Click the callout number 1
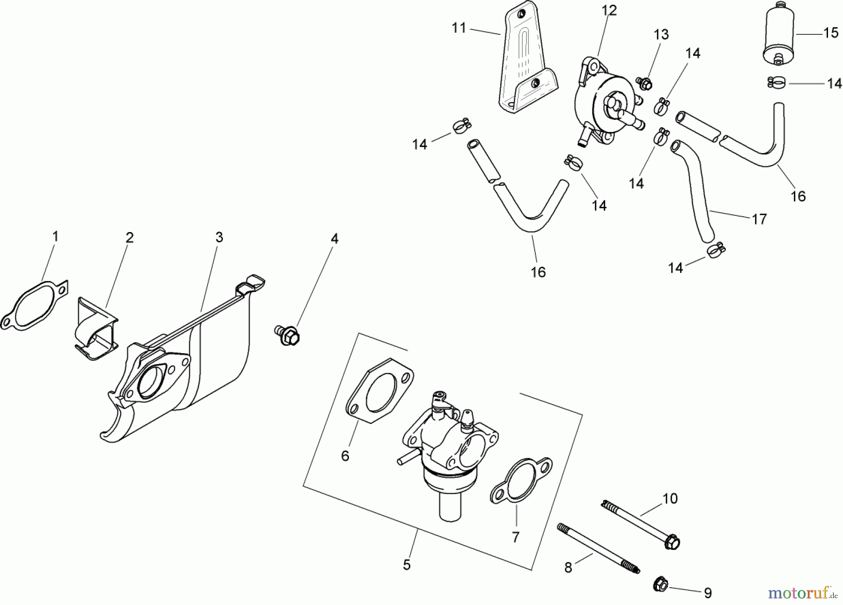[x=55, y=237]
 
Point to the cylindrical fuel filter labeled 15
[x=778, y=34]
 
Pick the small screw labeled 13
[x=644, y=84]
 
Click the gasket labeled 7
[x=520, y=484]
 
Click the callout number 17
[x=759, y=219]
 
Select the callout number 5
[x=407, y=565]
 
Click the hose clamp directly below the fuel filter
[x=776, y=83]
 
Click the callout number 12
[x=610, y=10]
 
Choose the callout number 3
[x=219, y=237]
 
